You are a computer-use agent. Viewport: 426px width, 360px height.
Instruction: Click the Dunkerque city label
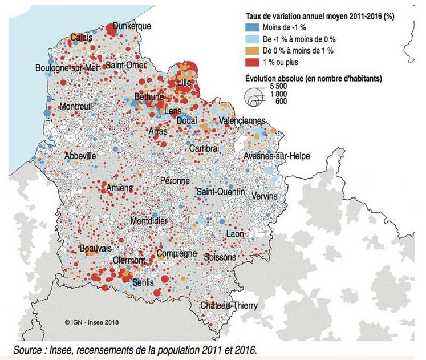132,26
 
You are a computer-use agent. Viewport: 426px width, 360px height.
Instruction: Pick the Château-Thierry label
229,306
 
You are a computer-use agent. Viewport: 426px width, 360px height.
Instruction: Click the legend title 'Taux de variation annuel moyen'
319,17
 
